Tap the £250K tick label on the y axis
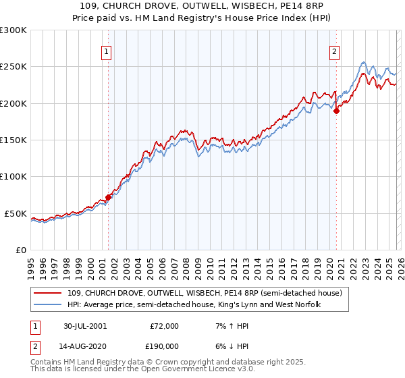tap(13, 67)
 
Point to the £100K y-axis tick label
tap(13, 176)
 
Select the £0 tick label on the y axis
tap(20, 250)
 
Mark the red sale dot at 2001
tap(108, 197)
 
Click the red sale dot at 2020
tap(336, 111)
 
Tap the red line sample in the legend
tap(48, 293)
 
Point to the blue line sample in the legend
tap(48, 305)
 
